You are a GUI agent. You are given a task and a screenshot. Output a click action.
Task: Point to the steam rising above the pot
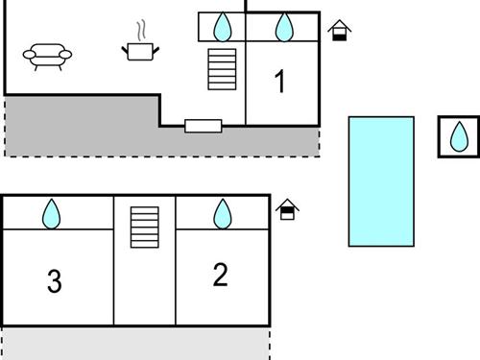(x=142, y=28)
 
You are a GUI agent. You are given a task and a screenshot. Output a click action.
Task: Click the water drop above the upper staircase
(x=222, y=27)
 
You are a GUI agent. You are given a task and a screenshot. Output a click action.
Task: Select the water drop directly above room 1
(x=283, y=27)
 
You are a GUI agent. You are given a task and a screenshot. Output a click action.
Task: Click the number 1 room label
(x=279, y=83)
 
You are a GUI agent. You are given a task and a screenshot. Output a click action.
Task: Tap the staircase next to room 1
(x=222, y=68)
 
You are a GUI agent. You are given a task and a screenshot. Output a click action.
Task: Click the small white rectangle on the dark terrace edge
(x=203, y=125)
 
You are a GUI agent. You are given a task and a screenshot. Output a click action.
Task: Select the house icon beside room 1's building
(x=338, y=31)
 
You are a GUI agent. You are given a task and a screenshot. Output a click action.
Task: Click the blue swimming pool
(x=381, y=180)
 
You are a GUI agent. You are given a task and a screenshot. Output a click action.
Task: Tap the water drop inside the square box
(x=458, y=136)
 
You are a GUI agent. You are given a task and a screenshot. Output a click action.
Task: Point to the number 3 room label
(x=55, y=281)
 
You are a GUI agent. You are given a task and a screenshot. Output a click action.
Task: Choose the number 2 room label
(x=220, y=276)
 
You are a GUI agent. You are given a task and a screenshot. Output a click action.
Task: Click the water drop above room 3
(x=51, y=213)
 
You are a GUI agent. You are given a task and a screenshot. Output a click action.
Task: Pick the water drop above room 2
(x=222, y=213)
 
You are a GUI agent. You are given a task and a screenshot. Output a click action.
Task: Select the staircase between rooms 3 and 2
(x=145, y=227)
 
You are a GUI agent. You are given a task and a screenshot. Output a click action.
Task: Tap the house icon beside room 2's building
(x=287, y=208)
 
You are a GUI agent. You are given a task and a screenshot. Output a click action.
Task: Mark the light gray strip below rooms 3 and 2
(x=134, y=343)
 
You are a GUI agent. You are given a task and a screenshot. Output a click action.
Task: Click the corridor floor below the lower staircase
(x=145, y=288)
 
